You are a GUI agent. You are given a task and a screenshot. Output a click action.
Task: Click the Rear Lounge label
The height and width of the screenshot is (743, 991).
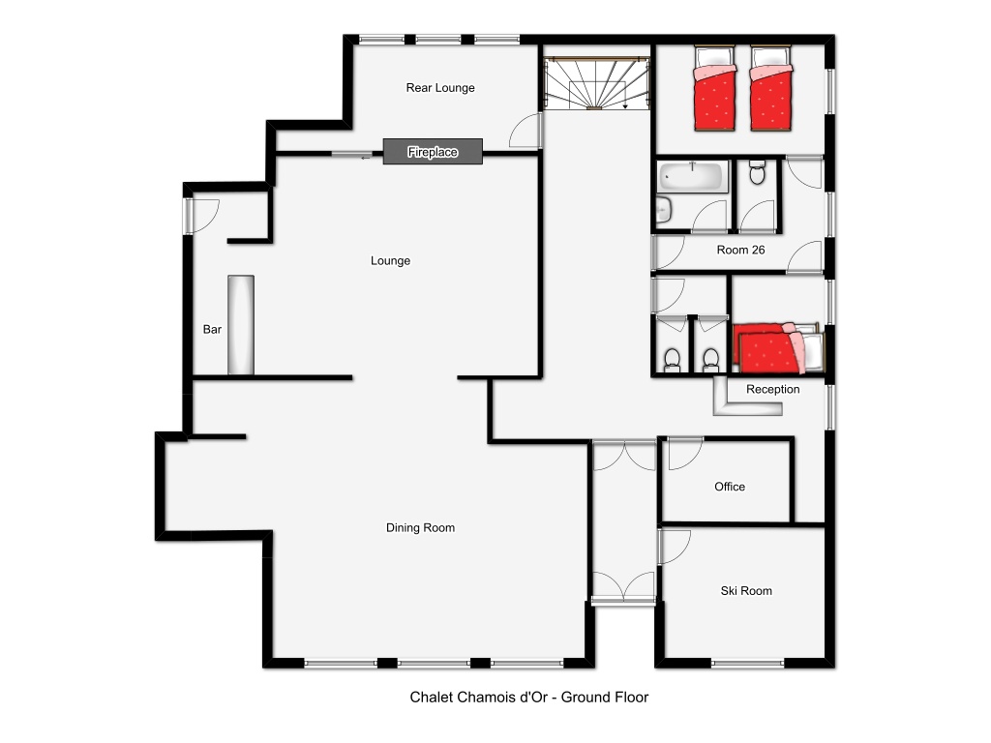coord(440,88)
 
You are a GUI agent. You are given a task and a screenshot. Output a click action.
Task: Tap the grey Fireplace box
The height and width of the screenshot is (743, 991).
coord(433,152)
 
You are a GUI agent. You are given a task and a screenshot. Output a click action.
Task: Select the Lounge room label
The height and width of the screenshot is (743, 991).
coord(390,260)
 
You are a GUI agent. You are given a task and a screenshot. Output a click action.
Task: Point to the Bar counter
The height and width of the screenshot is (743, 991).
coord(241,325)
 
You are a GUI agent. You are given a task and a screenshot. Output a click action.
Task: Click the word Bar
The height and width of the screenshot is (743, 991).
coord(212,329)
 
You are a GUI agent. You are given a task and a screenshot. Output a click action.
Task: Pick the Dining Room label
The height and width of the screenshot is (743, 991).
coord(420,527)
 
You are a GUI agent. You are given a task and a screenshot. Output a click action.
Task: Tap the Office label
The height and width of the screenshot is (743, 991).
coord(730,487)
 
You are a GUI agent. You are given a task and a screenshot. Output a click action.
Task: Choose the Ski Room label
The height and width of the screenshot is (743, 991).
coord(746,591)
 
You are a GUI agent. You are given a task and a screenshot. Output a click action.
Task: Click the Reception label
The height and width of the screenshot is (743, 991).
coord(773,389)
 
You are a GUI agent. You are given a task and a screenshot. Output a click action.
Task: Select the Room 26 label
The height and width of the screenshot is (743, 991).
coord(740,250)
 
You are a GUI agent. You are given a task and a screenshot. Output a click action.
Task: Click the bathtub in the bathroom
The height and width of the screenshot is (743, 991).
coord(693,176)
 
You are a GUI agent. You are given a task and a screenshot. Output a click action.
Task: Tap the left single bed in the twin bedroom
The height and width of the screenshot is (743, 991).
coord(715,88)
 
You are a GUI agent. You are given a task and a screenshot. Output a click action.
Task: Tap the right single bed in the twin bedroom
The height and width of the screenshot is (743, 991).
coord(771,88)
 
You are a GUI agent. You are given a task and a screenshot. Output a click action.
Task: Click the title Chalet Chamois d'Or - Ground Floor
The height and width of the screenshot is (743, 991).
coord(529,697)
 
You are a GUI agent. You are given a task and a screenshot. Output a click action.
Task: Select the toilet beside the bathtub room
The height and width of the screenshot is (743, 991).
coord(757,172)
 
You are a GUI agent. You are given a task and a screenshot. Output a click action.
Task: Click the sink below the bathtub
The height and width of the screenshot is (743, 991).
coord(663,210)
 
